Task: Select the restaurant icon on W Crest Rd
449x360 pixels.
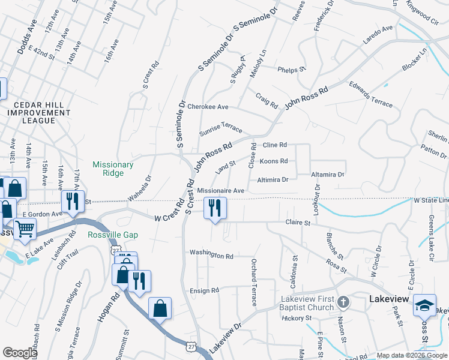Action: pyautogui.click(x=215, y=209)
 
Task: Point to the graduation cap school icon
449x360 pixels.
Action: pyautogui.click(x=425, y=306)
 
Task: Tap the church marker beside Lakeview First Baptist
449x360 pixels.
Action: pyautogui.click(x=343, y=301)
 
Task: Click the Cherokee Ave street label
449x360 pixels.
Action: pyautogui.click(x=208, y=107)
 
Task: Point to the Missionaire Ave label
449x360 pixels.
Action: pyautogui.click(x=220, y=190)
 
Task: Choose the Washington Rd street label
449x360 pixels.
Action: pyautogui.click(x=211, y=256)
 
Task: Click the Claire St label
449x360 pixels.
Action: pyautogui.click(x=298, y=223)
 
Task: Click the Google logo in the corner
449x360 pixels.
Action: pyautogui.click(x=20, y=353)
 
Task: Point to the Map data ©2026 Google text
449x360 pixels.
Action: pyautogui.click(x=412, y=356)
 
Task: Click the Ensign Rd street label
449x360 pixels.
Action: pyautogui.click(x=205, y=290)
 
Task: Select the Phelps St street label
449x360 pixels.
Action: pyautogui.click(x=292, y=70)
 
